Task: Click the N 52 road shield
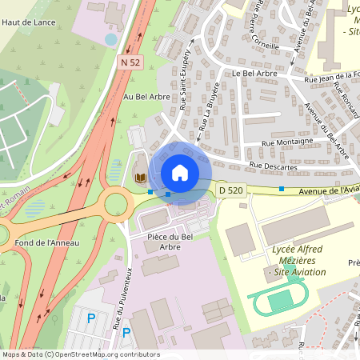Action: point(131,62)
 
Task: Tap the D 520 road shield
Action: point(230,190)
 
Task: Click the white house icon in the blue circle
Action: point(180,173)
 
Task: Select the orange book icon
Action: point(140,177)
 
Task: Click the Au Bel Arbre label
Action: point(146,97)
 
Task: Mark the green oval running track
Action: point(278,302)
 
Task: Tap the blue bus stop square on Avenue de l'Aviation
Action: point(282,189)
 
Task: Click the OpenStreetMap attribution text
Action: point(80,354)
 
